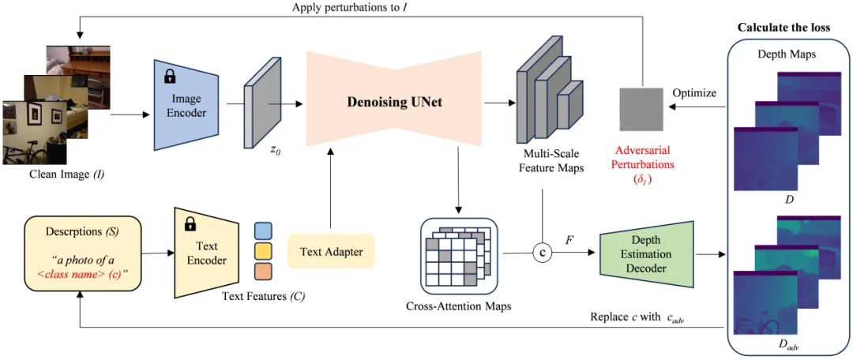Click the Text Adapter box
[331, 252]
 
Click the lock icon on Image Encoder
[169, 77]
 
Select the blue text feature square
[264, 231]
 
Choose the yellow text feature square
[264, 252]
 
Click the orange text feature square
[264, 272]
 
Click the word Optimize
[694, 93]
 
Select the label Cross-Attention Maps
[458, 306]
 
